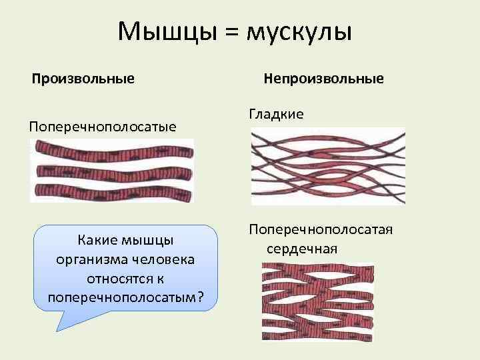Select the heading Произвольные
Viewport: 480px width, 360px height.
click(84, 79)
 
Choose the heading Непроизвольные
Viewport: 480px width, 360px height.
click(323, 79)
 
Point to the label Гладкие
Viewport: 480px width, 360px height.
click(276, 114)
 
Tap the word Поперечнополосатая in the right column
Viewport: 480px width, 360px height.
click(321, 229)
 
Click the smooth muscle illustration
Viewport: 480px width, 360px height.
click(327, 165)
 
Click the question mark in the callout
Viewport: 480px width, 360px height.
click(201, 295)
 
